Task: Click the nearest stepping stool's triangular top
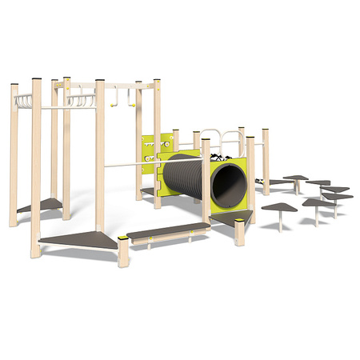tap(279, 208)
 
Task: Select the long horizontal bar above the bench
tap(152, 165)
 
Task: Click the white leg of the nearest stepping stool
tap(279, 221)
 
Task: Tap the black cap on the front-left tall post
tap(36, 80)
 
